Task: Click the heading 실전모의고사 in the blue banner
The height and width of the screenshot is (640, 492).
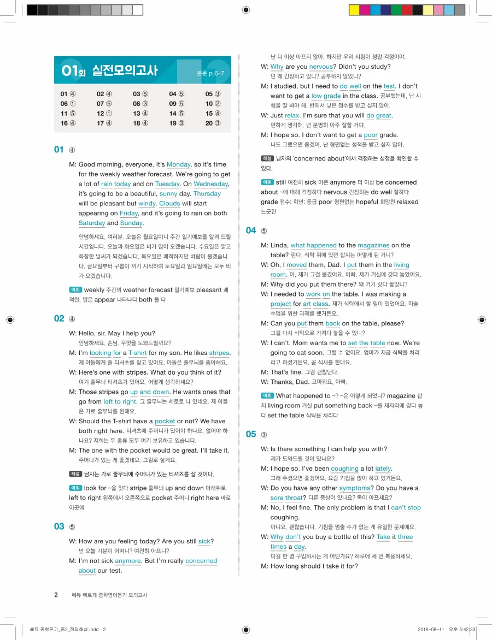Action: point(125,70)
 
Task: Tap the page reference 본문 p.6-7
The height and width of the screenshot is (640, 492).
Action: point(210,73)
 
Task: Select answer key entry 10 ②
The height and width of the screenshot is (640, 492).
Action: point(213,104)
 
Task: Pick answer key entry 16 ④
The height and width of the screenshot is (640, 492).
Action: point(68,123)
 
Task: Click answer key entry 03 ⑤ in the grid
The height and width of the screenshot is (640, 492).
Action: point(140,94)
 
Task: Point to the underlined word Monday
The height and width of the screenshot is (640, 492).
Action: point(178,164)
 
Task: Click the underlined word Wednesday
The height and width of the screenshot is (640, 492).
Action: point(210,184)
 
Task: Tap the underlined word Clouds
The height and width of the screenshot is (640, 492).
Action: point(169,204)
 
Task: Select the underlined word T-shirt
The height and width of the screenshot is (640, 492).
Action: point(137,353)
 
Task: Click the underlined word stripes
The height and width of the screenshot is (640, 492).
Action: point(219,353)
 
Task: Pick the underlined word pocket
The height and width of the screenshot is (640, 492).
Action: point(165,422)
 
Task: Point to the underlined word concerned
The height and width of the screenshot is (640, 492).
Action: point(201,561)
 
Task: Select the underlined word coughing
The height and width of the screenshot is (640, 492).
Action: point(344,469)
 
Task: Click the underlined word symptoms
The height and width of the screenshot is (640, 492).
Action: point(355,488)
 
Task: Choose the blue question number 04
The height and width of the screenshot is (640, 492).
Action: point(251,230)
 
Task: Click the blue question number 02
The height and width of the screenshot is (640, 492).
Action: point(59,318)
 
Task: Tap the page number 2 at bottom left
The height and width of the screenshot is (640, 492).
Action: point(56,595)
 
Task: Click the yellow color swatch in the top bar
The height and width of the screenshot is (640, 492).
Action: point(354,10)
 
